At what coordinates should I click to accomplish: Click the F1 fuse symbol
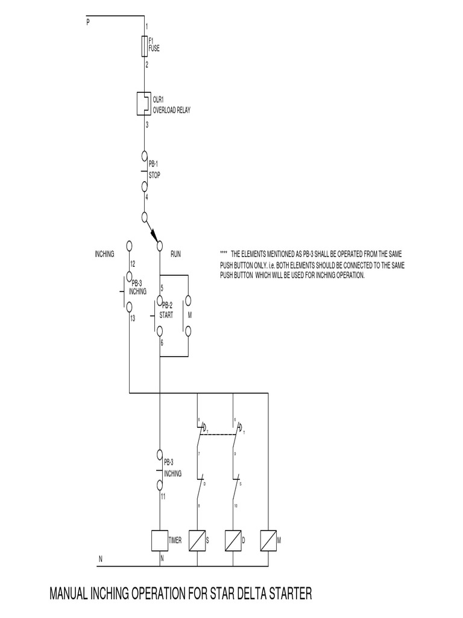coord(145,45)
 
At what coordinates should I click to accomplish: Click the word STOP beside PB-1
coord(154,175)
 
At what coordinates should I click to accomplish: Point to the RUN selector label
coord(175,255)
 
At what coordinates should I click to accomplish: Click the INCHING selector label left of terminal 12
coord(104,255)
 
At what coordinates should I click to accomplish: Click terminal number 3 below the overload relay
coord(147,125)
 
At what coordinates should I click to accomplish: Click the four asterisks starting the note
coord(223,255)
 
